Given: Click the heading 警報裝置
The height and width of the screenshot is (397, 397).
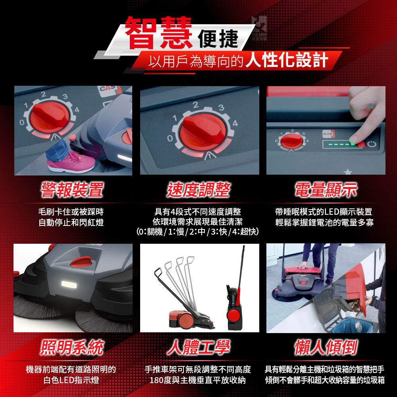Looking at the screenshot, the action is click(x=72, y=189).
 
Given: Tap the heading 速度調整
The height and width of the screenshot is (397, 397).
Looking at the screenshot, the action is click(x=198, y=189).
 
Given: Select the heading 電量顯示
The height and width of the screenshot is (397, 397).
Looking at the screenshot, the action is click(x=326, y=189).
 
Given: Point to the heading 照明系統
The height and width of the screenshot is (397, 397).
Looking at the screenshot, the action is click(x=72, y=347).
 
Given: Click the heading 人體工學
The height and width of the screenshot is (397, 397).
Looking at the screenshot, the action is click(x=198, y=347).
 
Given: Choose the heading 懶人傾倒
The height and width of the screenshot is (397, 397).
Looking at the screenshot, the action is click(x=326, y=347).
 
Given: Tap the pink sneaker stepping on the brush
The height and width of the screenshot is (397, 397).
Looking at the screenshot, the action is click(x=71, y=162).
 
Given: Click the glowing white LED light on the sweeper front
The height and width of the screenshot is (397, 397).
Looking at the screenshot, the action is click(x=69, y=285).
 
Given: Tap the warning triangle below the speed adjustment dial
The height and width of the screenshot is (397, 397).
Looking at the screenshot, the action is click(x=210, y=155).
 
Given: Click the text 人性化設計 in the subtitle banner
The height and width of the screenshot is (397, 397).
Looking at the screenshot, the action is click(x=287, y=60).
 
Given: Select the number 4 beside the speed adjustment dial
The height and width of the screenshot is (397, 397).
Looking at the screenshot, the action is click(x=235, y=123).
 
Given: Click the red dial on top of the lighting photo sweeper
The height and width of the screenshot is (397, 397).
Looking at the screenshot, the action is click(x=81, y=262).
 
